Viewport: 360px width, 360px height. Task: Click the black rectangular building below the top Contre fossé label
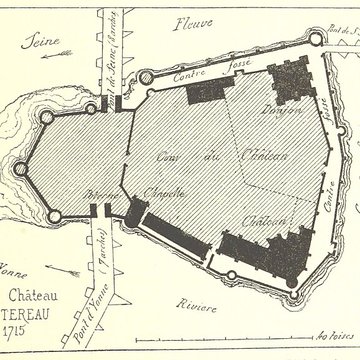(207, 90)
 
